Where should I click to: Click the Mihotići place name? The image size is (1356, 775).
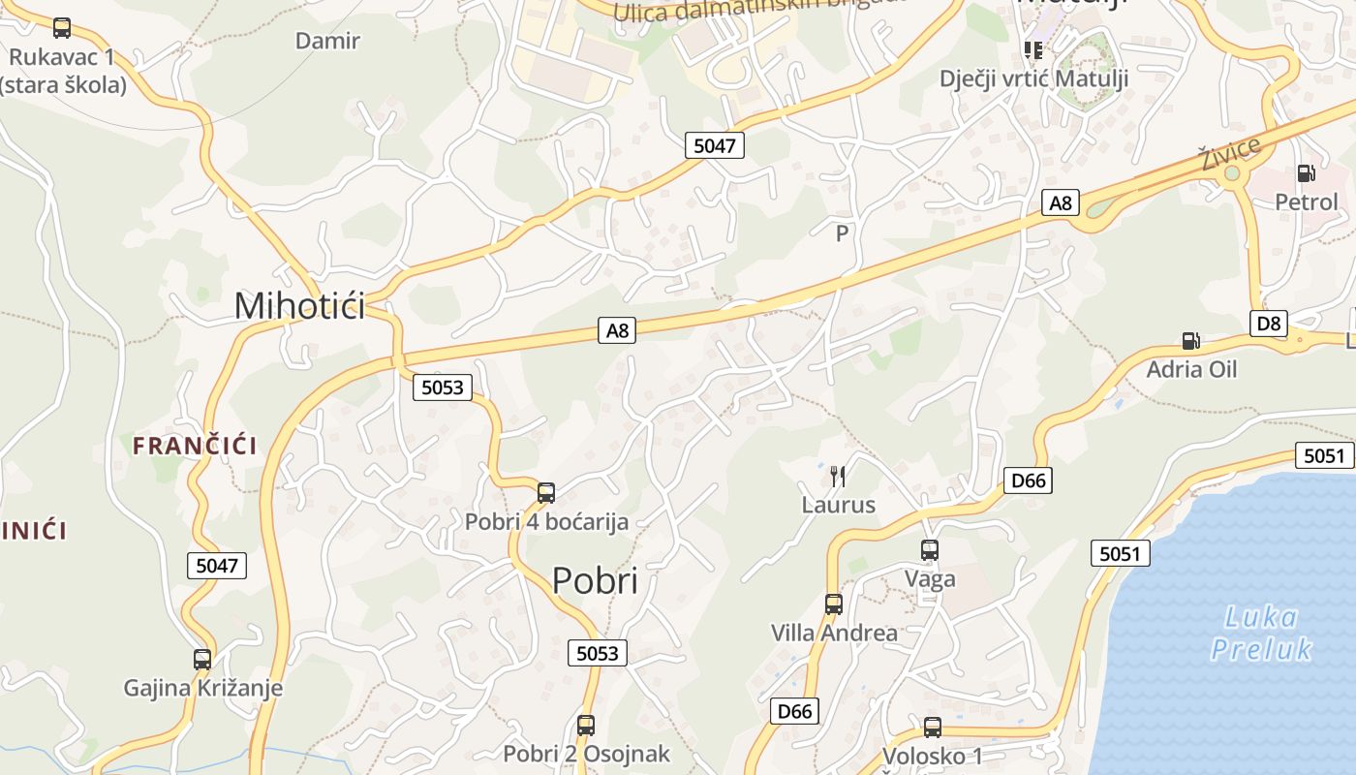299,306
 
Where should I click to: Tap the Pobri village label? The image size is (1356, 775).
595,580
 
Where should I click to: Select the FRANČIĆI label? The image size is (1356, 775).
195,446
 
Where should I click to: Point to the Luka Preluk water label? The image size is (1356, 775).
1261,633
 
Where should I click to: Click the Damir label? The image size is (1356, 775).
327,41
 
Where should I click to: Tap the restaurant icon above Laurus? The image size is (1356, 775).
838,476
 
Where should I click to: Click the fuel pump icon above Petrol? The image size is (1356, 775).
1306,173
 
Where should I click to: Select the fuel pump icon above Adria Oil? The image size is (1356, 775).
1190,340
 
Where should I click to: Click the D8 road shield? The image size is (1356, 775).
1269,324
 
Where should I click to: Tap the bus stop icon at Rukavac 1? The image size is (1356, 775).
62,28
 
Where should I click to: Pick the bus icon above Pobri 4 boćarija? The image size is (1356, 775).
546,493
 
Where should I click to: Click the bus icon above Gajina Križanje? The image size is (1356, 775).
202,660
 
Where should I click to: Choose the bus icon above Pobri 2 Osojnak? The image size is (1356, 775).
586,725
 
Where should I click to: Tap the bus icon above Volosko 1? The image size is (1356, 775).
932,727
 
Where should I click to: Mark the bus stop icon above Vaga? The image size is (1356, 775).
930,550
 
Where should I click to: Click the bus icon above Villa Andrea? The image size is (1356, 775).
834,604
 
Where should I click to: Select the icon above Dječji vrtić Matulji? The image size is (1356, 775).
1033,49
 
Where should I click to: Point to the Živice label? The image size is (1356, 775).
1229,154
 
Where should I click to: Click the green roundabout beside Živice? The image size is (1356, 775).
1232,174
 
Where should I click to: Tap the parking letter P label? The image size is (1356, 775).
842,233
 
